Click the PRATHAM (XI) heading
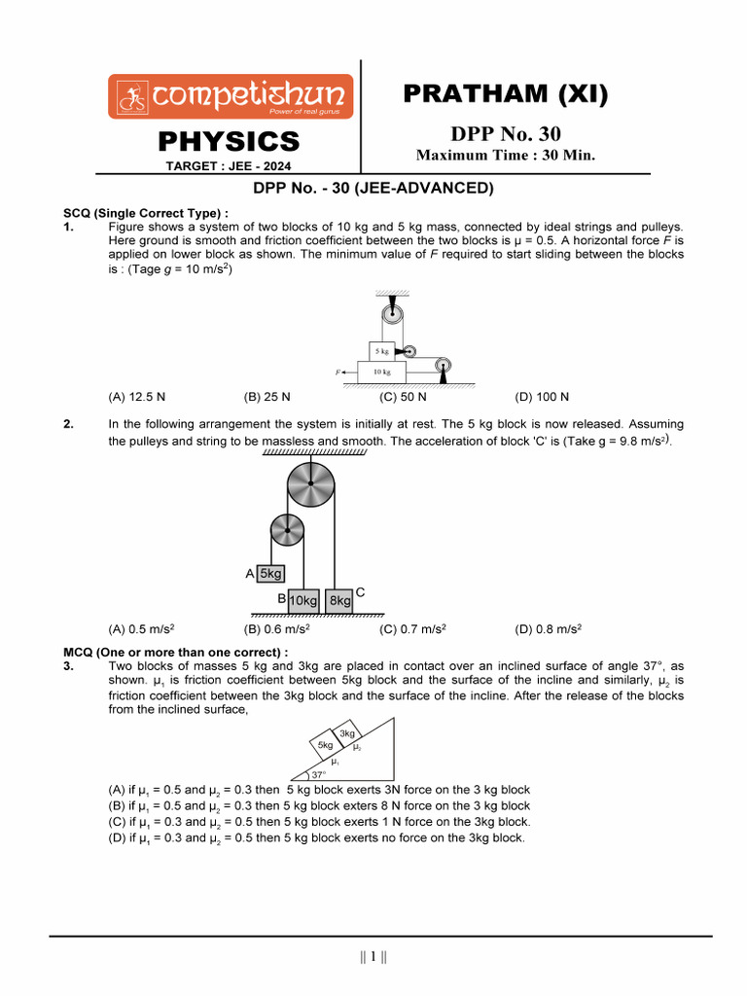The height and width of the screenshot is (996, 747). click(504, 94)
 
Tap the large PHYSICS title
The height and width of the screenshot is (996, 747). click(230, 142)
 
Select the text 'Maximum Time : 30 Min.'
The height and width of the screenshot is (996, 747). click(505, 156)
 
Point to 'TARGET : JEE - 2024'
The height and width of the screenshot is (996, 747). click(230, 166)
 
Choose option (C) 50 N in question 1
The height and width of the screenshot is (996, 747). click(403, 397)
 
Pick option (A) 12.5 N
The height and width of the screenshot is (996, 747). click(137, 397)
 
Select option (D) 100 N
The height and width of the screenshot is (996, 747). click(542, 397)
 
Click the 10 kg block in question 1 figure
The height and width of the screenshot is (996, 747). click(381, 372)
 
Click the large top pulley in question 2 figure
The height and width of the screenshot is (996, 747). click(310, 483)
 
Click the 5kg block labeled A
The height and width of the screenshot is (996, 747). click(269, 574)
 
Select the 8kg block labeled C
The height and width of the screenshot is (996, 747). click(339, 601)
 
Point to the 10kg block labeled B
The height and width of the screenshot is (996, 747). click(303, 601)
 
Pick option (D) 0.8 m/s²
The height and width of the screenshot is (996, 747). click(549, 629)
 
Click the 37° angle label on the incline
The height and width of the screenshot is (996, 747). click(319, 775)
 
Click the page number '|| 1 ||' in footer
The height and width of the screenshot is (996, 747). click(373, 957)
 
